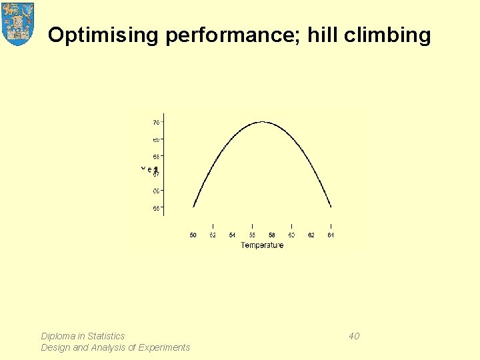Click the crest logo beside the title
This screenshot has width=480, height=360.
coord(18,23)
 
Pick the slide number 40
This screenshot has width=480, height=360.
coord(354,336)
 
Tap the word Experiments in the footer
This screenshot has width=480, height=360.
coord(163,347)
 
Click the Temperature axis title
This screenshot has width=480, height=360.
coord(262,245)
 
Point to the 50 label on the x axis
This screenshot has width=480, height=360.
coord(193,235)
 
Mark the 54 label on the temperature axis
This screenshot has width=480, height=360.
coord(232,235)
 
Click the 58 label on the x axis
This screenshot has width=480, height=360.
coord(272,235)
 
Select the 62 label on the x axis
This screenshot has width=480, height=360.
coord(311,235)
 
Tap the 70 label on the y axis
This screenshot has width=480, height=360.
coord(155,123)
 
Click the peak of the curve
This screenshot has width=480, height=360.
coord(263,122)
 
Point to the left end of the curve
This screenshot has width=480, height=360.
coord(193,206)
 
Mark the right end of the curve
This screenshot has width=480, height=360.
coord(331,207)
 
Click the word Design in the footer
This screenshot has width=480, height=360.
coord(55,347)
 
